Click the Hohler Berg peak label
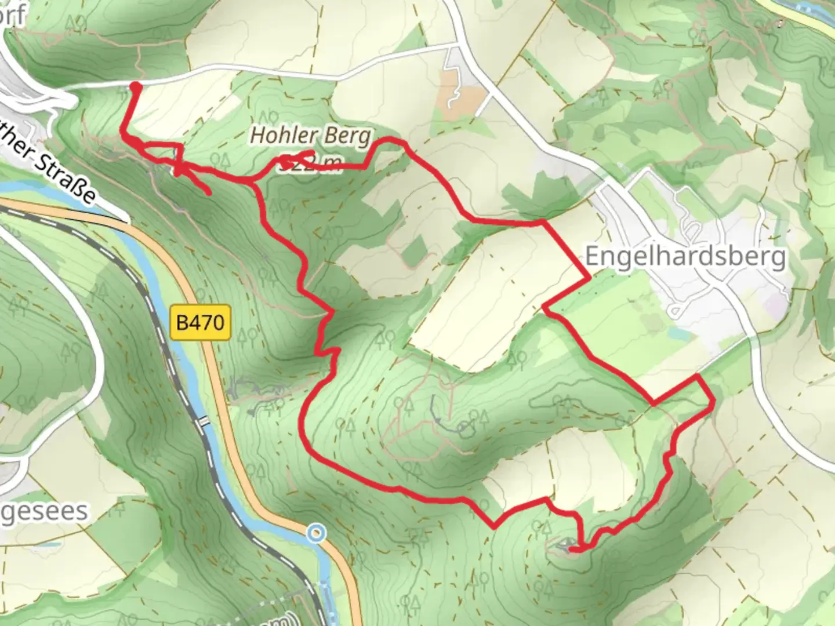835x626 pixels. pos(310,136)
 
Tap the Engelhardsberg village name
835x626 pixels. pos(685,256)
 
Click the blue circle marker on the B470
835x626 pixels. pos(317,533)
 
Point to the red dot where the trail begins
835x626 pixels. pos(135,87)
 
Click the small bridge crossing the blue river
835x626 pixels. pos(202,421)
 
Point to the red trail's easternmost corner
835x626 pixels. pos(711,400)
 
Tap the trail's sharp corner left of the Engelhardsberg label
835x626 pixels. pos(589,279)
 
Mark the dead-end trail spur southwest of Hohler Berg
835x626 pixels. pos(208,192)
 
